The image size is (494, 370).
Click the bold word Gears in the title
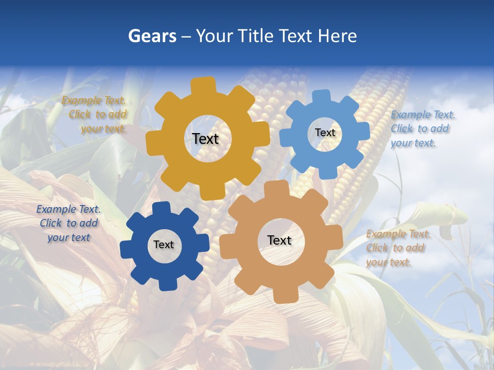152,36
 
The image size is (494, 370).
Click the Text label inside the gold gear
205,139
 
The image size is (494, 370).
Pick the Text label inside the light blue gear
325,133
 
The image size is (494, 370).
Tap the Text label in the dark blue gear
164,245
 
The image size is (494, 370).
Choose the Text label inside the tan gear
279,240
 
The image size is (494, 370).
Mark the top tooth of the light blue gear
322,97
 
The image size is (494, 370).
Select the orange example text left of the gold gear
95,115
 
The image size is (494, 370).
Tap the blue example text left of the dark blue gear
68,223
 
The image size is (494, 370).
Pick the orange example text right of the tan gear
397,248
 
